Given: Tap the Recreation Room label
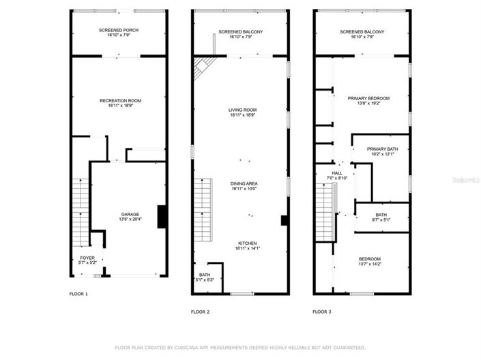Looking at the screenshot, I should point(120,100).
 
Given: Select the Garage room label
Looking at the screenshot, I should point(130,214).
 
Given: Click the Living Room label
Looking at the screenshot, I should point(242,110).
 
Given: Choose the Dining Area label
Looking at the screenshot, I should point(242,183).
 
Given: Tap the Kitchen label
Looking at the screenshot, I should point(247,243).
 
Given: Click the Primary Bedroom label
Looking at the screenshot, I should point(368,99).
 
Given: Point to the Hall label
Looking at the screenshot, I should point(337,173).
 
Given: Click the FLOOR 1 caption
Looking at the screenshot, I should point(78,294).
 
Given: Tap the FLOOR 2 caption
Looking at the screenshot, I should point(200,312).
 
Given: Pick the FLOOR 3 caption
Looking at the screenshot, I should point(321,312).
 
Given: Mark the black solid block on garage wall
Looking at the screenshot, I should point(162,216).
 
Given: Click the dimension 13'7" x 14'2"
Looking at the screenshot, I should point(370,264).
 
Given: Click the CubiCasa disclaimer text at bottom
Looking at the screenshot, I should point(239,347).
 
